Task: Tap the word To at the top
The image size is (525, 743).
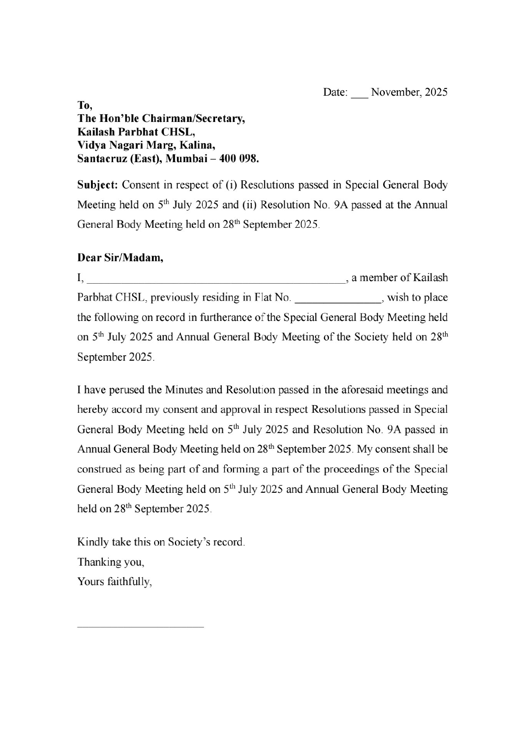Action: click(x=84, y=105)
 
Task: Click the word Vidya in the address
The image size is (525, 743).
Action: click(x=91, y=145)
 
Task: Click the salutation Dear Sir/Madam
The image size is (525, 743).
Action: click(x=120, y=257)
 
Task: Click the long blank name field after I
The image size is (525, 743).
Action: click(x=216, y=279)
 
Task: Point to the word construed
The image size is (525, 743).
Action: click(x=99, y=469)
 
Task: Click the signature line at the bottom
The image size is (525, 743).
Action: click(x=141, y=626)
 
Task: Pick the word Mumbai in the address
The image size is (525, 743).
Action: click(x=183, y=159)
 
